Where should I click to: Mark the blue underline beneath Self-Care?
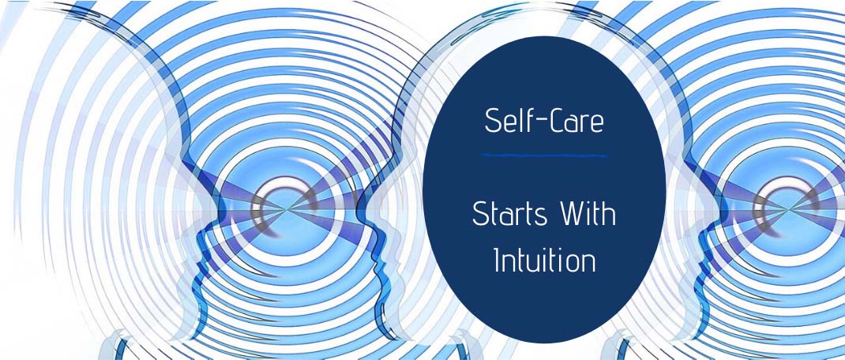[544, 156]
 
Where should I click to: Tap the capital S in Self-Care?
[493, 122]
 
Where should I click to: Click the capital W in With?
[569, 215]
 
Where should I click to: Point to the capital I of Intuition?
[498, 261]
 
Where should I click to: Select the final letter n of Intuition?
[588, 264]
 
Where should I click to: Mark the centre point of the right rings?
[788, 208]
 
